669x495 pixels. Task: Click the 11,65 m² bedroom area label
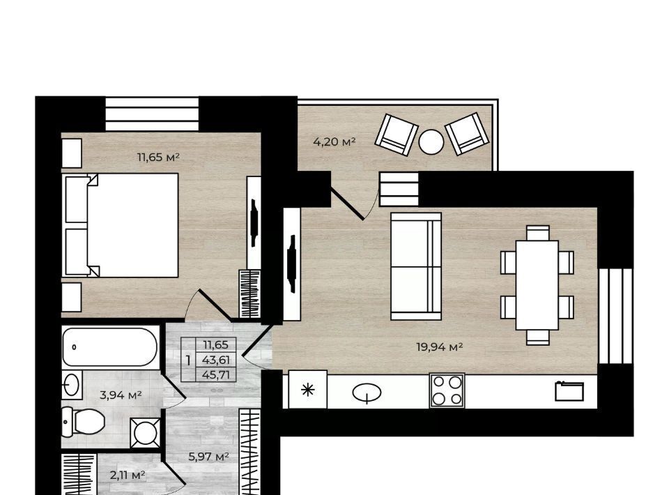click(158, 157)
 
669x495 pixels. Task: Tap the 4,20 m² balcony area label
click(334, 142)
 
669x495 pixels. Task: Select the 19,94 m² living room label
click(440, 347)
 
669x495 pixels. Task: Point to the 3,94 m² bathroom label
click(121, 395)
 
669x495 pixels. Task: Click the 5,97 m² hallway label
click(209, 457)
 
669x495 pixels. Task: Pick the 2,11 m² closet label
click(128, 475)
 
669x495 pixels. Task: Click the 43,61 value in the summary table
click(216, 360)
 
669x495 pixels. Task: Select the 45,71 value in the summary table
click(216, 374)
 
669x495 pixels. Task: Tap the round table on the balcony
click(431, 142)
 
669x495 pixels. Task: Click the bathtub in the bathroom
click(110, 347)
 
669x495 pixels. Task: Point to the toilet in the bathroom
click(84, 422)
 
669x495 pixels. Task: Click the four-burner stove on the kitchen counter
click(447, 390)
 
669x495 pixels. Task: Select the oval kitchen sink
click(367, 392)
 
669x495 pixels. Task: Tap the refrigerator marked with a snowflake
click(307, 389)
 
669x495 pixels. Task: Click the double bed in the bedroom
click(121, 225)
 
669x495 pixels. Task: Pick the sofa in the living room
click(416, 266)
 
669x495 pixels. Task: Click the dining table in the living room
click(537, 285)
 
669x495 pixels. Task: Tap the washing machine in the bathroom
click(146, 433)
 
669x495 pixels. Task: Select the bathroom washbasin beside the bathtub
click(72, 385)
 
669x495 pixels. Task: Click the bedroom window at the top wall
click(152, 114)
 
